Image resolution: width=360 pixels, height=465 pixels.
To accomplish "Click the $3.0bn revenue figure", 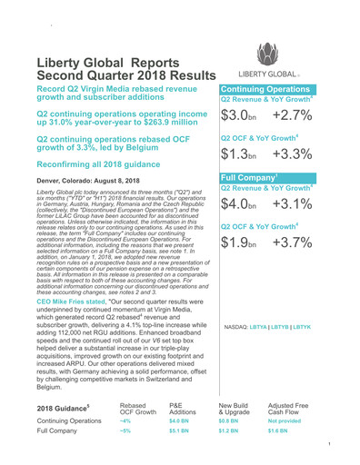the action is point(243,116).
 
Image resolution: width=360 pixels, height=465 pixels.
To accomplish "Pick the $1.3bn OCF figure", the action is point(243,154).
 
